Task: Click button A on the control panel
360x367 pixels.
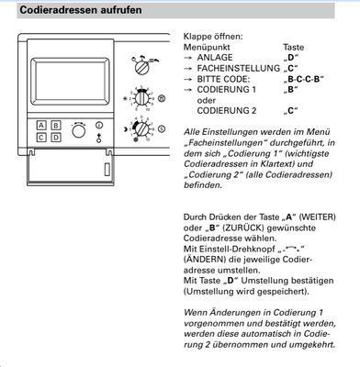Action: click(41, 124)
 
